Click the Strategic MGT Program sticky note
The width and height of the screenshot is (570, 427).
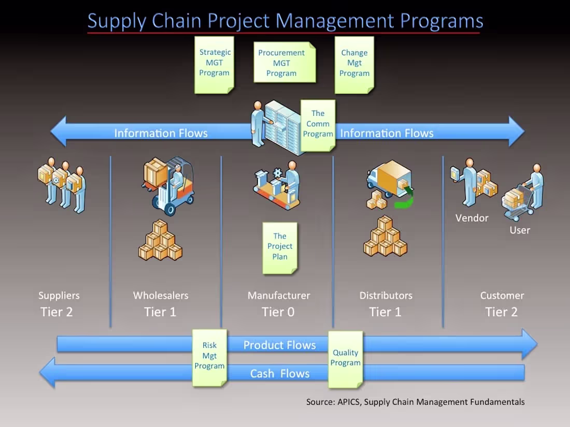tap(214, 64)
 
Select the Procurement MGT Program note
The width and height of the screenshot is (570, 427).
tap(283, 63)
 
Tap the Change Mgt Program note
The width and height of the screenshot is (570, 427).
tap(354, 64)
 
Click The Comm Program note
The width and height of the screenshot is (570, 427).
tap(318, 124)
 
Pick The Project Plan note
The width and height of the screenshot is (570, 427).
tap(280, 247)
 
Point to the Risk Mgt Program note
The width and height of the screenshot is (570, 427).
tap(209, 357)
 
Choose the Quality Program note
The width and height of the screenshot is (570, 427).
tap(345, 359)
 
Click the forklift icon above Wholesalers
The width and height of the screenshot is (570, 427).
tap(168, 185)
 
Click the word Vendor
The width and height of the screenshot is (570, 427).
tap(472, 218)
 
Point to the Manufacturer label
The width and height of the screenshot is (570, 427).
tap(279, 296)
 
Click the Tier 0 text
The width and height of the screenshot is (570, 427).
tap(278, 312)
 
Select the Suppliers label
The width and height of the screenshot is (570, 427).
tap(59, 296)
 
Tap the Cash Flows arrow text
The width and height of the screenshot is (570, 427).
tap(280, 373)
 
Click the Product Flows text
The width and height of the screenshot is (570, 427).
tap(279, 345)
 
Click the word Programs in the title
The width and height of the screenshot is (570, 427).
tap(441, 21)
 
